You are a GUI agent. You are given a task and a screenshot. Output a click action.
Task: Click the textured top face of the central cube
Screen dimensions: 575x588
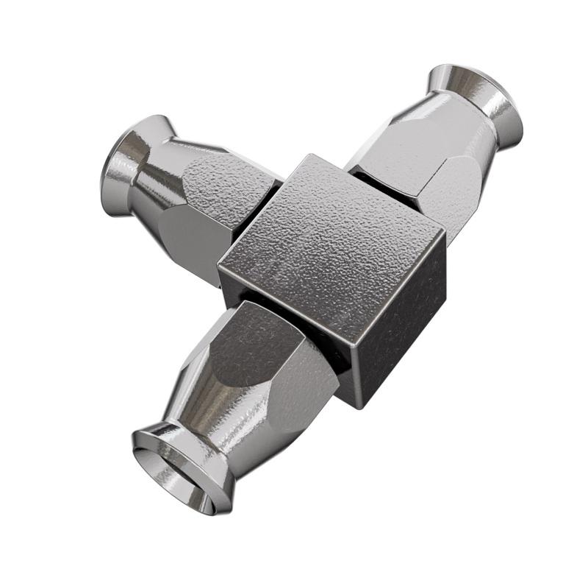click(331, 236)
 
